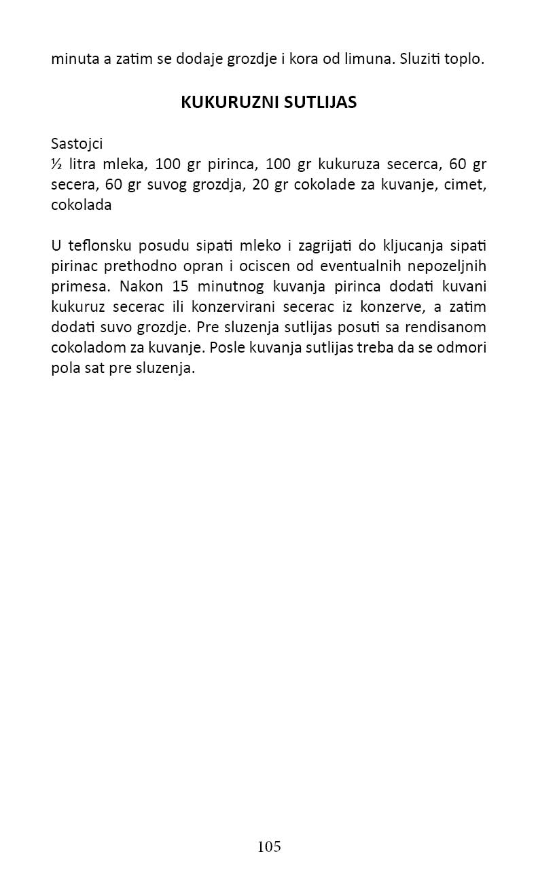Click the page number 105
tap(269, 846)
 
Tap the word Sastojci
tap(77, 144)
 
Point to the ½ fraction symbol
tap(56, 164)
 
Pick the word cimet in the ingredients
tap(465, 185)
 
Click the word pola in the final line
tap(65, 368)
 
